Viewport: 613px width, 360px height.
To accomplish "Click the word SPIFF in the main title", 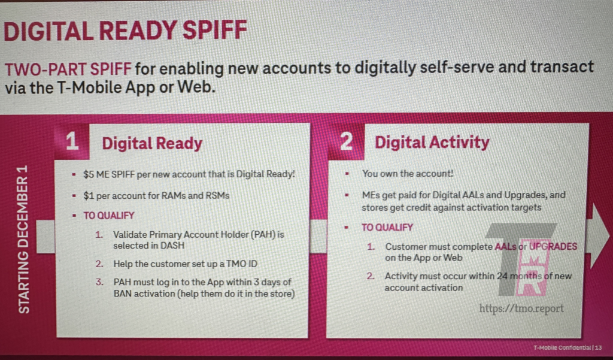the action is pos(215,31).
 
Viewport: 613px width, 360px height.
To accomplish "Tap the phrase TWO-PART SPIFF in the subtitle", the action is pos(68,69).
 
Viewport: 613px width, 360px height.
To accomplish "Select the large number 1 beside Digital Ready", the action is pos(72,141).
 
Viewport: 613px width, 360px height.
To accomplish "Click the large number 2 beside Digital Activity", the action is pos(347,141).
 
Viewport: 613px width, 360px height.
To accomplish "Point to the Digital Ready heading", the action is pos(152,143).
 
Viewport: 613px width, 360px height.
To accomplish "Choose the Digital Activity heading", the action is pos(432,143).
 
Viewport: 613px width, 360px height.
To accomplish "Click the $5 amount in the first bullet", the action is pos(89,174).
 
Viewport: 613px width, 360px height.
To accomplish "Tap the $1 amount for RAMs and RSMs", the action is pos(88,196).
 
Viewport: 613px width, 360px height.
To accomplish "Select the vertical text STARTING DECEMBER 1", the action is pos(24,239).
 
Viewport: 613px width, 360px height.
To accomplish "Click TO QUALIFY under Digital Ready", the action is pos(109,216).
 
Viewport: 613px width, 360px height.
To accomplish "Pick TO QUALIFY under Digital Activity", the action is pos(387,228).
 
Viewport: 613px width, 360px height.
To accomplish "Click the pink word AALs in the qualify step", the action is pos(505,247).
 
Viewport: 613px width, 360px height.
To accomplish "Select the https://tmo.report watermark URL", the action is pos(521,308).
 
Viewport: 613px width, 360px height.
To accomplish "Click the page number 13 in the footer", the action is pos(599,347).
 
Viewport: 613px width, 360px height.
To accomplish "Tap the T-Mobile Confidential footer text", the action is pos(562,347).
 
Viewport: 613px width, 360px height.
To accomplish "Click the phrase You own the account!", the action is pos(407,173).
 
